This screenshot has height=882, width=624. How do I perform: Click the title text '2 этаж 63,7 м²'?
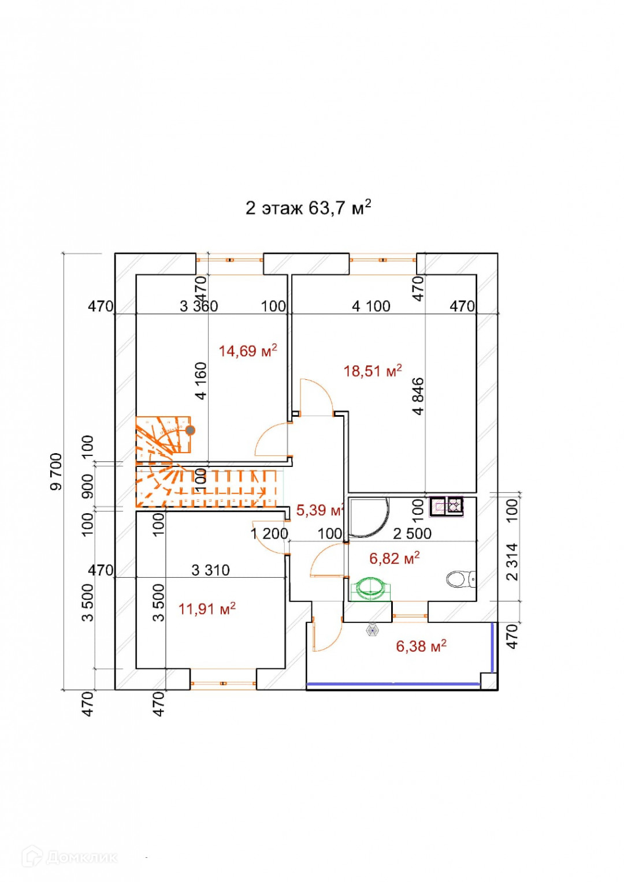point(308,207)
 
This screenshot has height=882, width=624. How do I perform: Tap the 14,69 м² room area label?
point(247,351)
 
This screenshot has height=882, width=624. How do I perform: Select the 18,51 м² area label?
point(372,371)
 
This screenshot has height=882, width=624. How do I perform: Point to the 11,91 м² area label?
point(206,608)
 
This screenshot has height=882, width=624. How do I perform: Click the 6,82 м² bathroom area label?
point(394,558)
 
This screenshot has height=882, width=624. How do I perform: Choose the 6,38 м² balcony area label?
point(421,646)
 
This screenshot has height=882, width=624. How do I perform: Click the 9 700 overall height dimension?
point(56,472)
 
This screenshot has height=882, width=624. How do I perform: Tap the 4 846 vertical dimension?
point(418,396)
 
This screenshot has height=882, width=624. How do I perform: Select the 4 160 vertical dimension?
point(200,380)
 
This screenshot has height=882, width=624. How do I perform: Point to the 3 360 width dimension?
point(199,306)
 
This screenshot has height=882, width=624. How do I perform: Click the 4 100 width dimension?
point(371,306)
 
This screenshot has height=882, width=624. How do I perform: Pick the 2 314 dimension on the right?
point(512,562)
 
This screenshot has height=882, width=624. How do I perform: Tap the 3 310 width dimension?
point(210,570)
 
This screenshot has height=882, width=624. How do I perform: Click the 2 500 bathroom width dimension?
point(412,533)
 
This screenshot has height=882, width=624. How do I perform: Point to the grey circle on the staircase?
point(190,430)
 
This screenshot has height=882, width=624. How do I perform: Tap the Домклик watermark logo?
point(69,857)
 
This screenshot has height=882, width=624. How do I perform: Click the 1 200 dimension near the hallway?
point(269,533)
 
